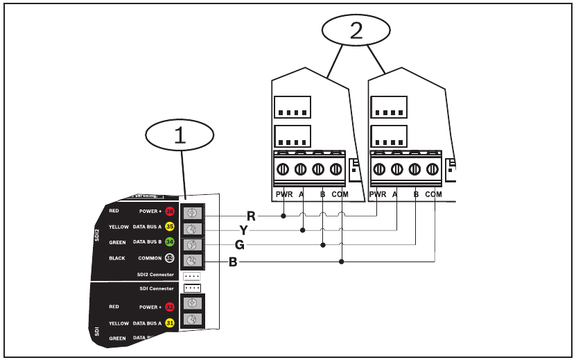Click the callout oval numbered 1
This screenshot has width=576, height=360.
[x=180, y=135]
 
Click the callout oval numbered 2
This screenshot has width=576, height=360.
[x=356, y=30]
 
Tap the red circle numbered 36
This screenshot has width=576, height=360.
[x=169, y=211]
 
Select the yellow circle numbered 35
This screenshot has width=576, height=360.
[x=169, y=225]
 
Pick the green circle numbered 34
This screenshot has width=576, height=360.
[x=169, y=241]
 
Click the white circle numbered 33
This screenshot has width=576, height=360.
[x=169, y=258]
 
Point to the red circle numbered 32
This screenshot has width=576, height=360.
[x=169, y=306]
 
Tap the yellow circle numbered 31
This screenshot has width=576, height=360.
[x=169, y=323]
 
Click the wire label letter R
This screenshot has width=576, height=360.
[x=251, y=216]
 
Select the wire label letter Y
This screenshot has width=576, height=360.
[x=243, y=230]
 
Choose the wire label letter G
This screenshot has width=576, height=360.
[x=240, y=246]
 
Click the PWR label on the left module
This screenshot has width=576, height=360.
[x=284, y=195]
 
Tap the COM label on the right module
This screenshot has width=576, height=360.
[x=433, y=195]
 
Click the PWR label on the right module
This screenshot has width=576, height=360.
[x=378, y=195]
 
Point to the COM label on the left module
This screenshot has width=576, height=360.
[x=340, y=195]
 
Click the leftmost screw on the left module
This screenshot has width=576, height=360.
[x=283, y=169]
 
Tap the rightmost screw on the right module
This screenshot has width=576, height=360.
[x=433, y=169]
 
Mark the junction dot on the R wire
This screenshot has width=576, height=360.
[x=283, y=216]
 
